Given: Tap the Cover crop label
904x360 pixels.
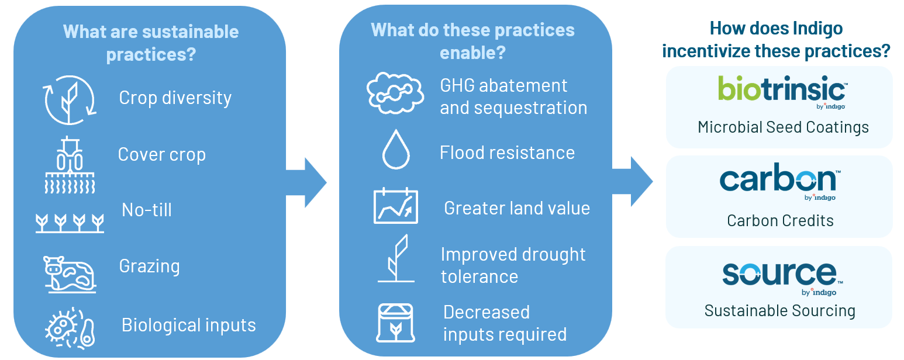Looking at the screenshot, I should point(162,155).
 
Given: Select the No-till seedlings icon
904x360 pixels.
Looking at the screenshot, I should point(70,222).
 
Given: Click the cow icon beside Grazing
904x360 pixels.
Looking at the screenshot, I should point(70,272).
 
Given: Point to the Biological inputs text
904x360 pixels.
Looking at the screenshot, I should point(188,325).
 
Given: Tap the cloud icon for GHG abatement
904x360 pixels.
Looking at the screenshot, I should point(395,94).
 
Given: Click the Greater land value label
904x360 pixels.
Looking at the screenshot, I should point(517,209).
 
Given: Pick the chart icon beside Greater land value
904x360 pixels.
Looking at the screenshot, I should point(396,206).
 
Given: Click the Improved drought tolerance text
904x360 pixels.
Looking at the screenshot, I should point(513,265).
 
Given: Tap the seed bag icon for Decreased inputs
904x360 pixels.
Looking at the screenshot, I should point(396,323).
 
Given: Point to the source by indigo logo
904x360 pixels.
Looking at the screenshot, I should point(779,276).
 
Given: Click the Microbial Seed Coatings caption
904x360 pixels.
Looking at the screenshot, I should point(783,127).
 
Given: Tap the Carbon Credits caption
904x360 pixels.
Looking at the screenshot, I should point(780,220).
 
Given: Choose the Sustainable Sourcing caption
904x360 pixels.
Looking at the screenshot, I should point(779,310).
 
